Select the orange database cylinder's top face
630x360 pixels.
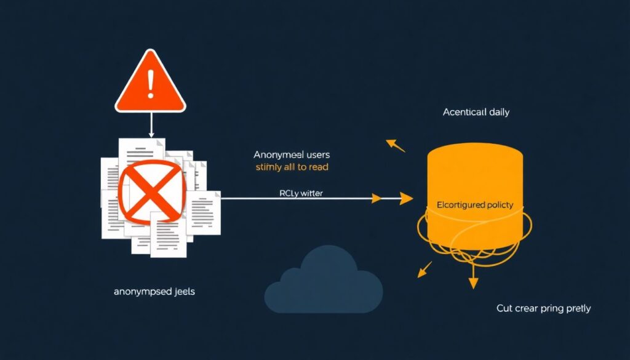click(474, 153)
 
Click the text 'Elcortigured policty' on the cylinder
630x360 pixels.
click(474, 204)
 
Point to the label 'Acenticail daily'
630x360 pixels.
click(476, 113)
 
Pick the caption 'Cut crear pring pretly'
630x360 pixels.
click(543, 308)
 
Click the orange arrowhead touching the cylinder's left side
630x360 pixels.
click(405, 198)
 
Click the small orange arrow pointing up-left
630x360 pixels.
click(395, 145)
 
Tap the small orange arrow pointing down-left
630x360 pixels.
click(425, 270)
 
